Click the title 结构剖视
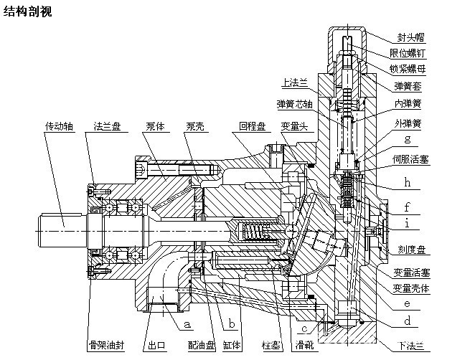pyautogui.click(x=28, y=12)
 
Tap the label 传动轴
pyautogui.click(x=59, y=126)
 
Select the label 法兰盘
pyautogui.click(x=106, y=126)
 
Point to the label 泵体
pyautogui.click(x=155, y=126)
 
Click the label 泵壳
pyautogui.click(x=194, y=126)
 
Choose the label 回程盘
pyautogui.click(x=253, y=126)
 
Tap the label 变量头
pyautogui.click(x=294, y=126)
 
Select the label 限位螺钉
pyautogui.click(x=414, y=53)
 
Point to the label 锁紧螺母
pyautogui.click(x=414, y=69)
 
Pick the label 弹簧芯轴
pyautogui.click(x=294, y=104)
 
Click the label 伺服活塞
pyautogui.click(x=411, y=159)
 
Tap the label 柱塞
pyautogui.click(x=271, y=345)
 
